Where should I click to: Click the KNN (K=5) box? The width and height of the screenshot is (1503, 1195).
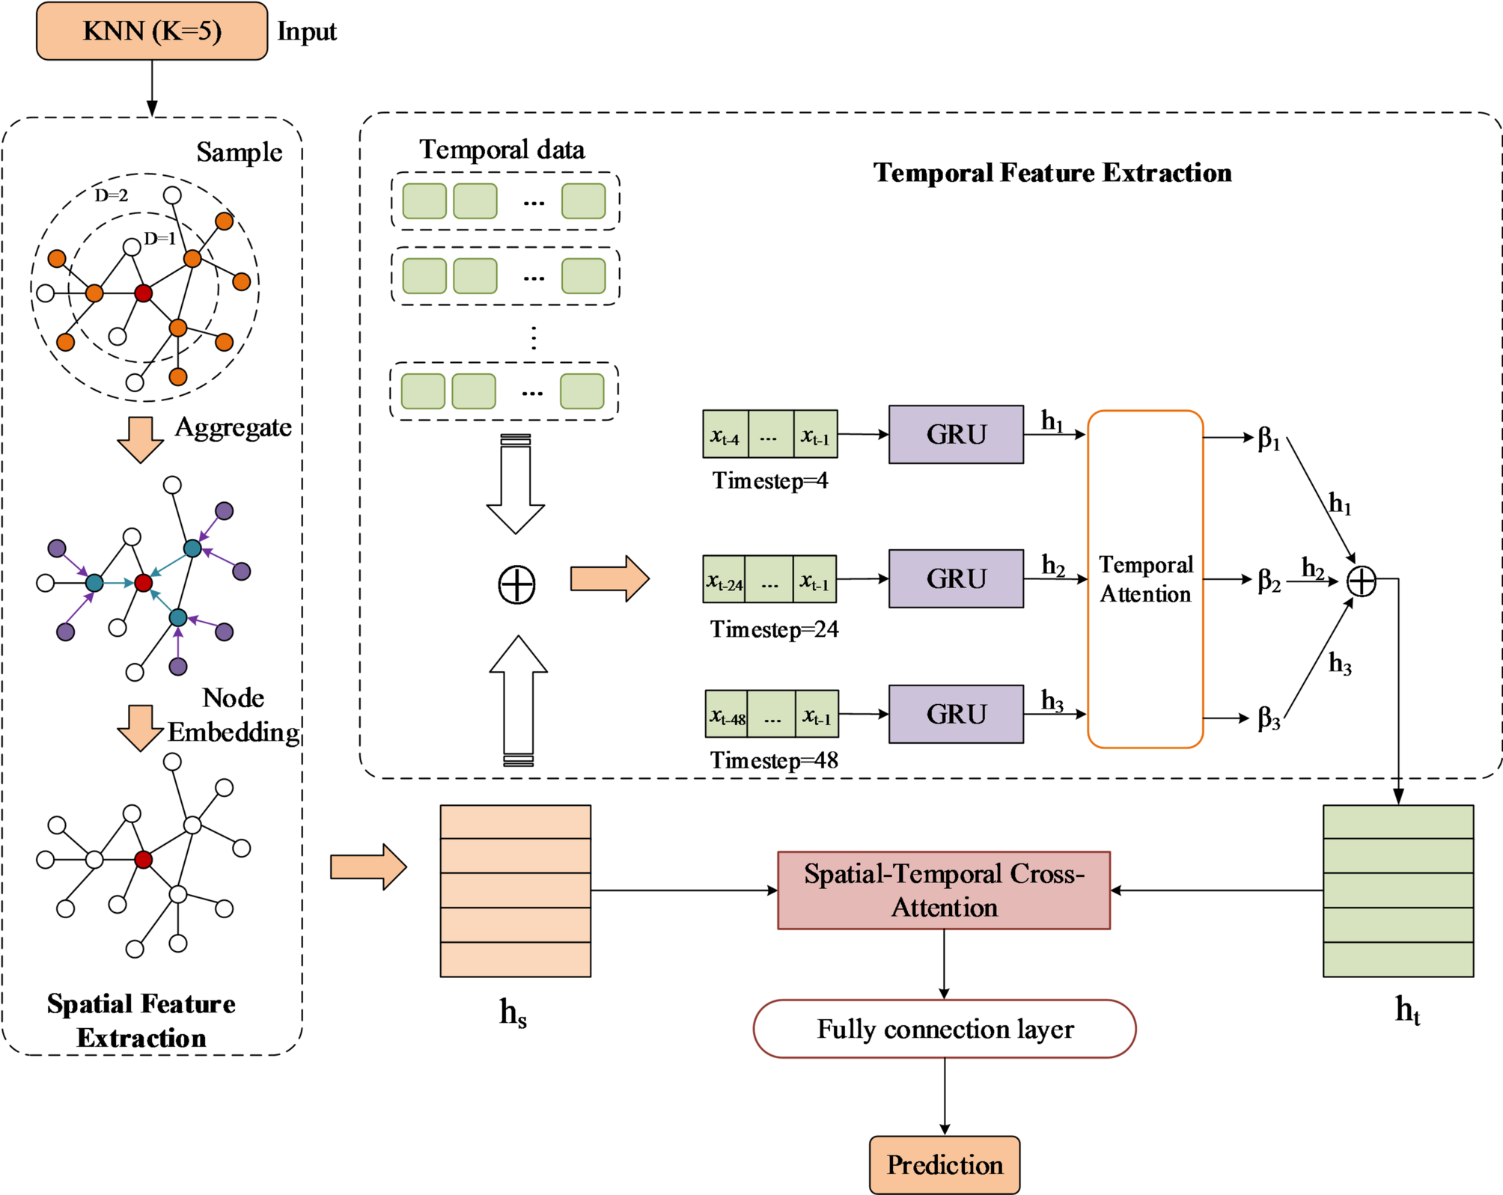(152, 31)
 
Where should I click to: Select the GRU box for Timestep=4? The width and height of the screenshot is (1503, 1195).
(956, 435)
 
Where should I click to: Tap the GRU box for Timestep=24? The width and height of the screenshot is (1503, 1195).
(956, 578)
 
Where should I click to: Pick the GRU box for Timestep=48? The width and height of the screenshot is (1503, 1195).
(956, 714)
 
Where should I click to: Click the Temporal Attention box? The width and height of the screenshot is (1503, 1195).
(1145, 579)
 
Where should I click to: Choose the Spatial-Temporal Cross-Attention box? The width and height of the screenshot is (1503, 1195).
(944, 890)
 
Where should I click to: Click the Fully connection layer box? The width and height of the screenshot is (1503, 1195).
(945, 1029)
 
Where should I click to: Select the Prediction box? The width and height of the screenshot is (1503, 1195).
(945, 1165)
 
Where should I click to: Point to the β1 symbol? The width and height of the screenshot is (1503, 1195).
(1269, 438)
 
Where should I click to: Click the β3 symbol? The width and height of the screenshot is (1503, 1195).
(1269, 718)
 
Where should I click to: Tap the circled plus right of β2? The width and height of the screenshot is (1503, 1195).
(1362, 581)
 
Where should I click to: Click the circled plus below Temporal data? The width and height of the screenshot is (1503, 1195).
(516, 584)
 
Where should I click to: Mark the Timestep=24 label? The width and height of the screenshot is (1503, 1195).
(774, 629)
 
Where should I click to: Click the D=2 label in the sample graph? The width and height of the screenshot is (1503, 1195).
(111, 195)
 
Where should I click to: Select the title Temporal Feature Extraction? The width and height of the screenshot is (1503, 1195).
(1052, 173)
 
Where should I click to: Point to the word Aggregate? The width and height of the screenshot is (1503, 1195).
(233, 427)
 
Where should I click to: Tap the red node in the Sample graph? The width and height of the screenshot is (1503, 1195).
(143, 293)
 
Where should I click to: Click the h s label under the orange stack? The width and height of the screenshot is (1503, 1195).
(513, 1013)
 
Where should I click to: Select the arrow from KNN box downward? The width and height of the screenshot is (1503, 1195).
(152, 88)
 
